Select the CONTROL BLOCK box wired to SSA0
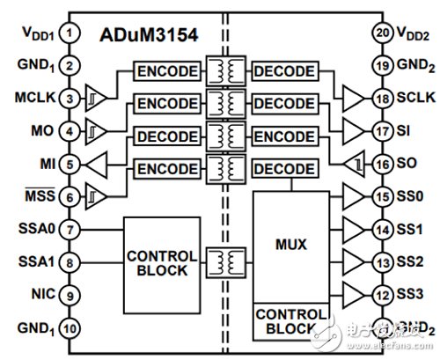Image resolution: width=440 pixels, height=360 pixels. (157, 263)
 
